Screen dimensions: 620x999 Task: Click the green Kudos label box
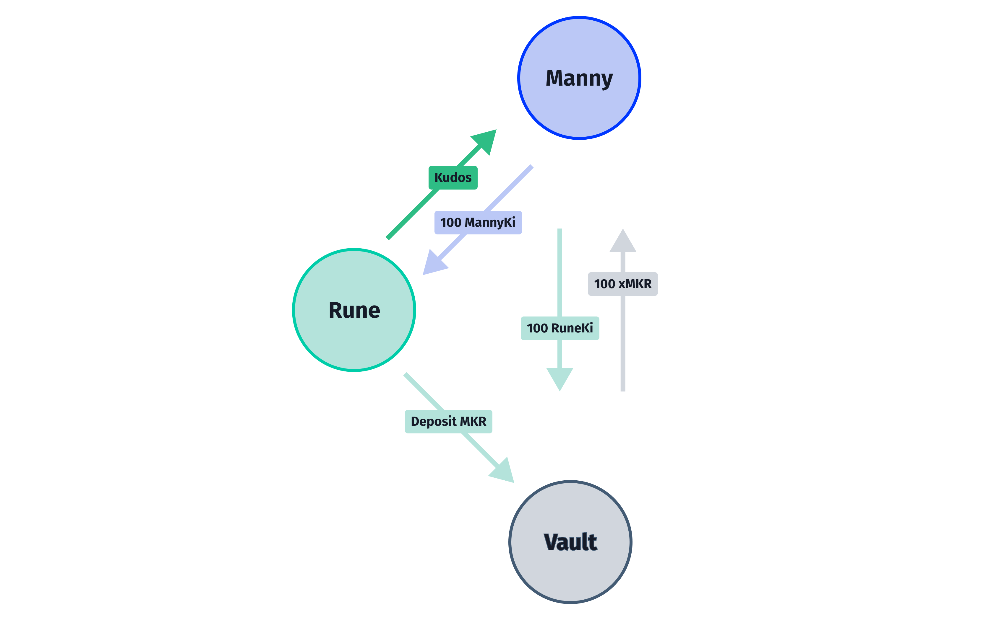tap(453, 177)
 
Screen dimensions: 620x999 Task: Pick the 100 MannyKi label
tap(478, 223)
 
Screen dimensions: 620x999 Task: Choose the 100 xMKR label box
tap(623, 284)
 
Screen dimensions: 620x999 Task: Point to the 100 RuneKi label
tap(559, 328)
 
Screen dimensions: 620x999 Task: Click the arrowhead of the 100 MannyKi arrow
tap(433, 264)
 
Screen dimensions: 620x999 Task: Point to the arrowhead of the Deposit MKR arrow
tap(503, 471)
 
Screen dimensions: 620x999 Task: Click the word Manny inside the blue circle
tap(579, 78)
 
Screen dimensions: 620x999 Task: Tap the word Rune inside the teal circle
tap(354, 310)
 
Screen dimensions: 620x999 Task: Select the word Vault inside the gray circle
tap(570, 542)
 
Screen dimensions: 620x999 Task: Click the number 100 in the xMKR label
tap(604, 284)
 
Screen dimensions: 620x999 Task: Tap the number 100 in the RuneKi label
tap(537, 328)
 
